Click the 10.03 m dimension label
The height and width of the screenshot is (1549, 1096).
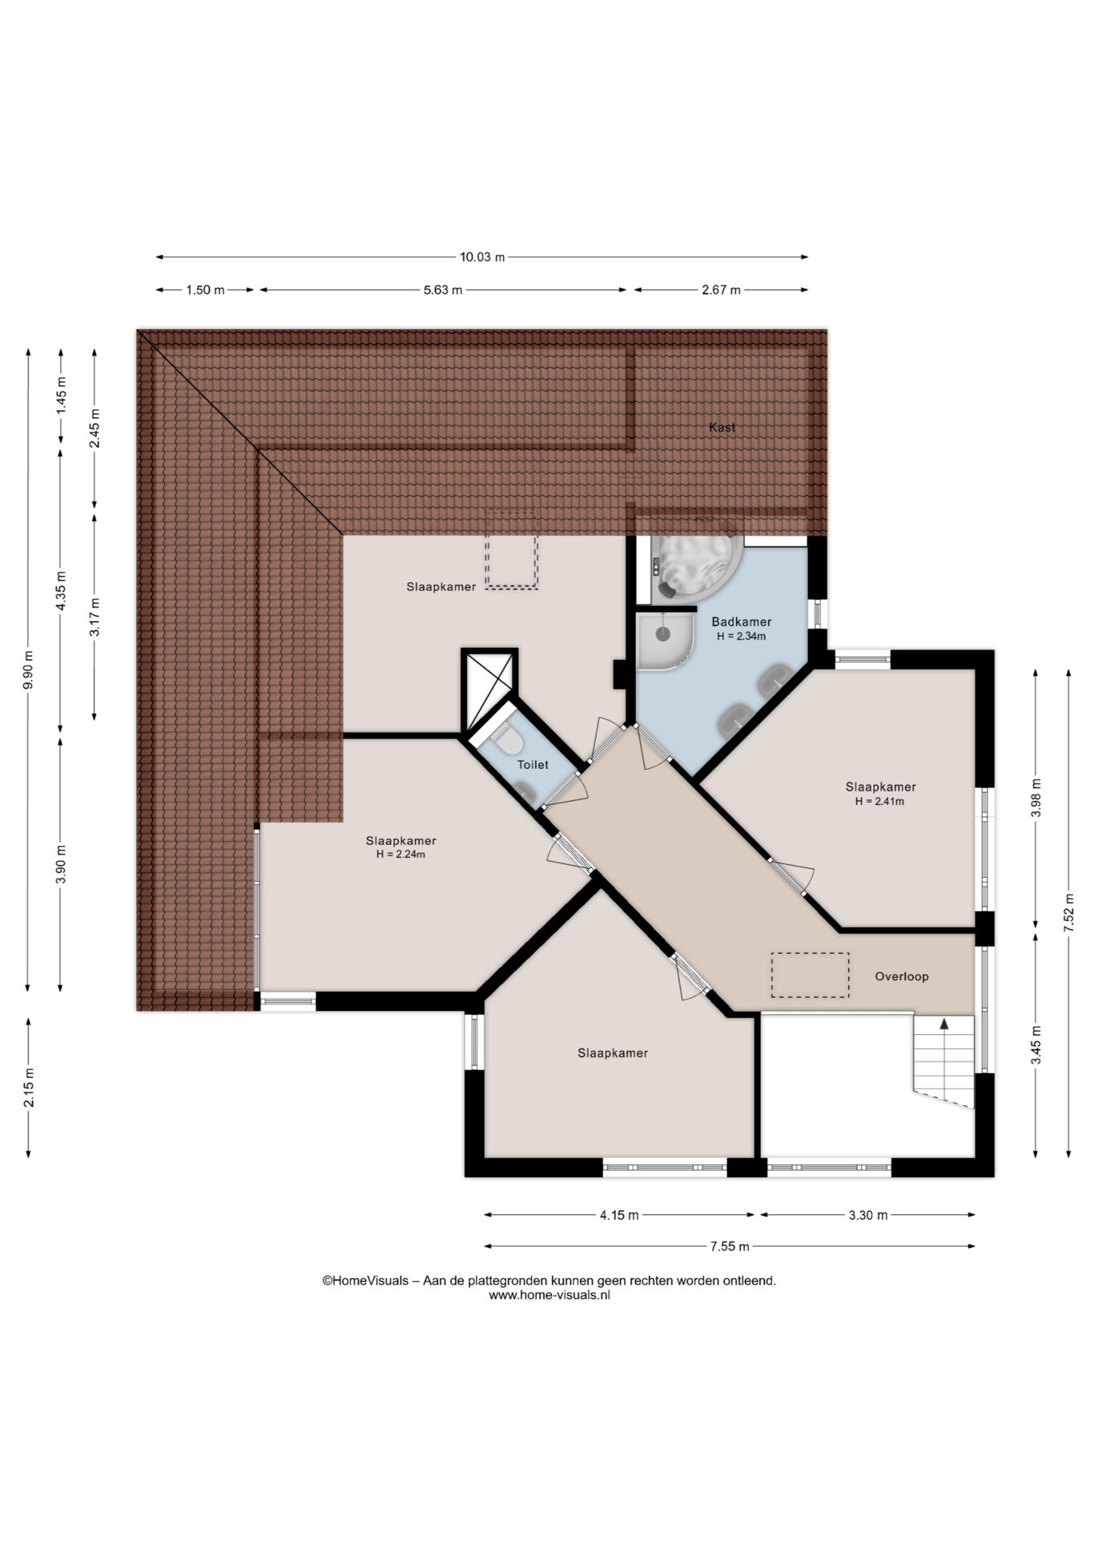[482, 257]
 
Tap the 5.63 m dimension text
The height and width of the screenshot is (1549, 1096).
[443, 290]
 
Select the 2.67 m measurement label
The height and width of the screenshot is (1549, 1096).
[721, 290]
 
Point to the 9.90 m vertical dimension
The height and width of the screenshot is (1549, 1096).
[28, 670]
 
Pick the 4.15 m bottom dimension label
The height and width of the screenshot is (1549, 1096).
[619, 1215]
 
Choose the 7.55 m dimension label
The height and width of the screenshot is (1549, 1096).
[730, 1246]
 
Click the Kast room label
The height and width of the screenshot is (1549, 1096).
[722, 428]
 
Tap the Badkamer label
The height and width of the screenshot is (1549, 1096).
[741, 622]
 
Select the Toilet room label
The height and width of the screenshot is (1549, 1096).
[533, 765]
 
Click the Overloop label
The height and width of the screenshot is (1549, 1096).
[901, 976]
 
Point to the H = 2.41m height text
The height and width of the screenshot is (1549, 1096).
[880, 802]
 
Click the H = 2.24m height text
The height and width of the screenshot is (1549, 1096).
[400, 854]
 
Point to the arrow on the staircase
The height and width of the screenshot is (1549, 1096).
[943, 1025]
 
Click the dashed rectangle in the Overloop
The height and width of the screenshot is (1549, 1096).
[809, 975]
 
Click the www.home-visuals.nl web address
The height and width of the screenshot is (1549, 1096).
[549, 1295]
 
